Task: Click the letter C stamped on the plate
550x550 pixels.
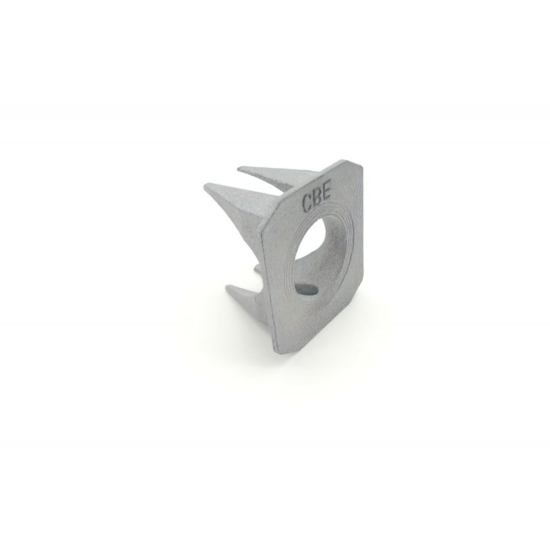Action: click(307, 204)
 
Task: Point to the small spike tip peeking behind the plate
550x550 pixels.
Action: click(256, 267)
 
